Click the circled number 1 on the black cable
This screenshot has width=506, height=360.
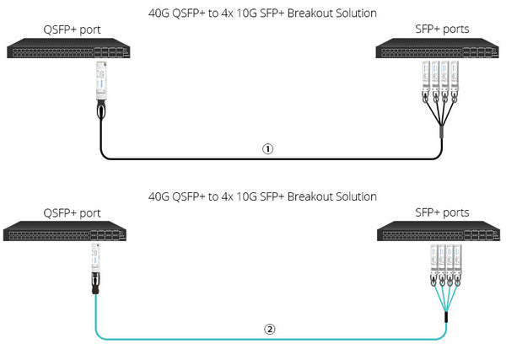(267, 148)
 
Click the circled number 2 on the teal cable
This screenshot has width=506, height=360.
(270, 329)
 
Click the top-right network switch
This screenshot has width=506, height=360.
(439, 51)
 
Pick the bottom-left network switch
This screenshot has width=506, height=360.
(67, 232)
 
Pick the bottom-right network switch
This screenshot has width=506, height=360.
(439, 232)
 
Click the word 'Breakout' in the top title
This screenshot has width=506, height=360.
(312, 13)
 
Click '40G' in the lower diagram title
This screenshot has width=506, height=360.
(159, 196)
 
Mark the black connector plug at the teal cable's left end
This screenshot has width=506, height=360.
(95, 287)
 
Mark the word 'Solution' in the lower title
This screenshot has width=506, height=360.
(357, 196)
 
